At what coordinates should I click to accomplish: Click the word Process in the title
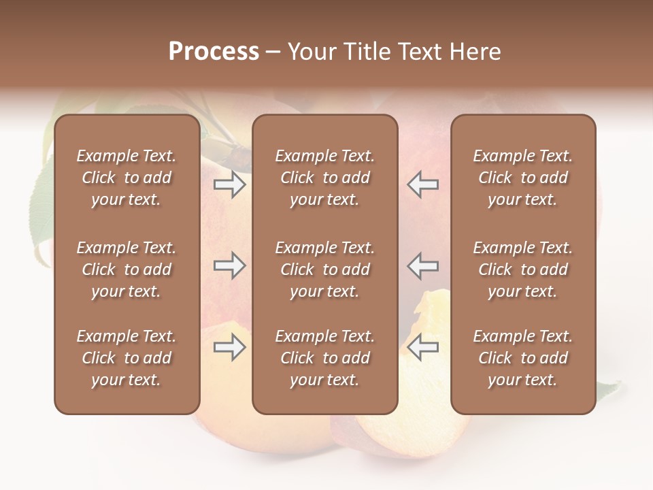click(214, 52)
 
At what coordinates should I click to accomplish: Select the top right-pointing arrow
click(230, 184)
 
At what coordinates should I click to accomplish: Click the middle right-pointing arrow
click(230, 265)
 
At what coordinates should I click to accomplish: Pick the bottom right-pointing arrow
click(230, 348)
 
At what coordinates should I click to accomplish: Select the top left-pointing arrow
click(423, 184)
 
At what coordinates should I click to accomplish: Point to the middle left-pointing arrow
click(423, 265)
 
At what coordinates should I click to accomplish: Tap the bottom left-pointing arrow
click(423, 348)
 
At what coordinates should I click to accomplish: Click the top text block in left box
click(127, 178)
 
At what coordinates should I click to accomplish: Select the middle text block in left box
click(127, 269)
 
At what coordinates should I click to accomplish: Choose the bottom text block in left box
click(127, 358)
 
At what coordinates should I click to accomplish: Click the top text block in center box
click(325, 178)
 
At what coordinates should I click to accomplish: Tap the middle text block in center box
click(325, 269)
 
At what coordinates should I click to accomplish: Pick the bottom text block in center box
click(325, 358)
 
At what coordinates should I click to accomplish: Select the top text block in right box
click(523, 178)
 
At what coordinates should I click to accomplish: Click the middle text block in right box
click(523, 269)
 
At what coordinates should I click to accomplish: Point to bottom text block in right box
click(523, 358)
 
